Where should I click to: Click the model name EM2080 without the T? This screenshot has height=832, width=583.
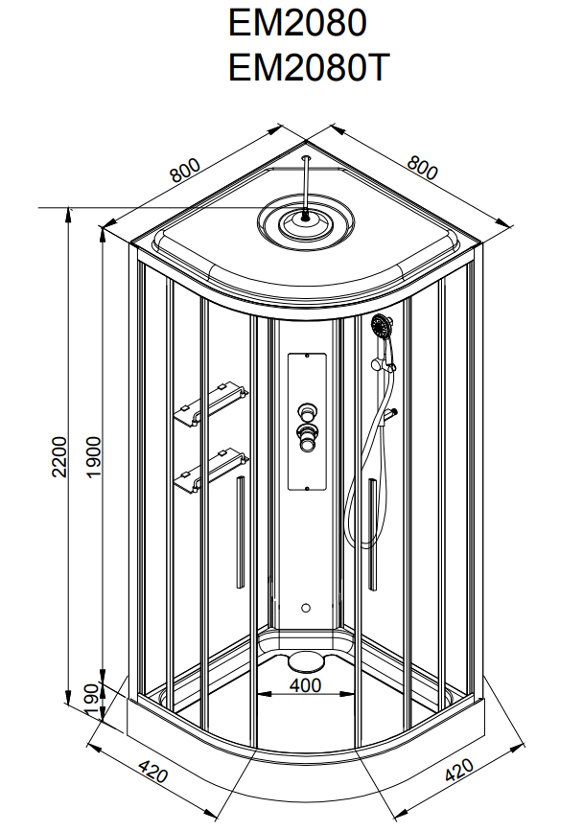pos(297,22)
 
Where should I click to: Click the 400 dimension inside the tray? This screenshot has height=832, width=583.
pos(305,686)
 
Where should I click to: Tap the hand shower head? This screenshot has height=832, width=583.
pos(382,327)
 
